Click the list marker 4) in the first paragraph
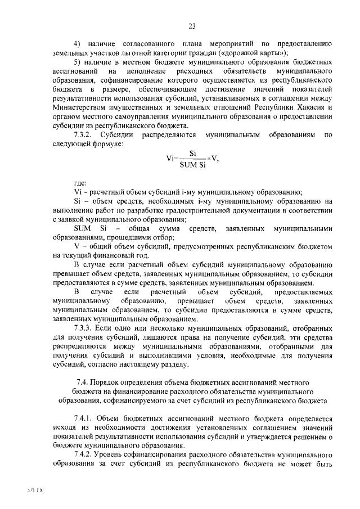(x=78, y=43)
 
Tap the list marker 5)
(x=78, y=62)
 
